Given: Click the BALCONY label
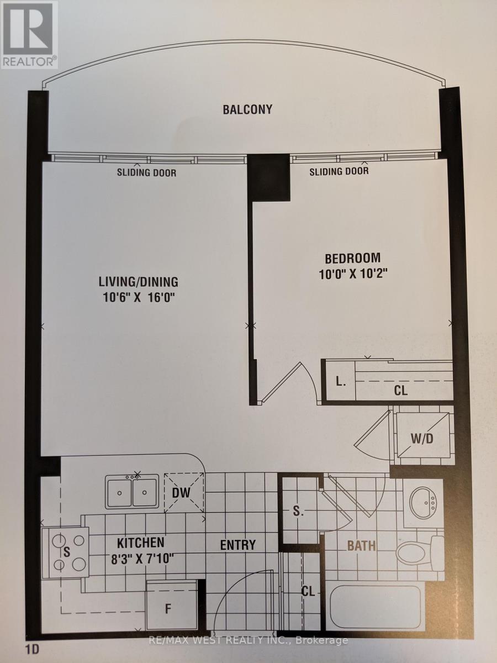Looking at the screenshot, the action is coord(247,109).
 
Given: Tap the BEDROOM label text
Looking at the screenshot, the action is coord(352,258).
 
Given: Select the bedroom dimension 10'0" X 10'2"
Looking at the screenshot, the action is coord(353,274).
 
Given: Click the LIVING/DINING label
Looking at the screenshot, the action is coord(139,282).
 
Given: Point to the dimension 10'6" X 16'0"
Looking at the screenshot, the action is coord(139,298).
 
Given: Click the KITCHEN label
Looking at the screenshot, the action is coord(141,543).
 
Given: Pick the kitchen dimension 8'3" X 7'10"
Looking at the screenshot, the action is coord(142,559).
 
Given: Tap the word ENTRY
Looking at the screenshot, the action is coord(238,545).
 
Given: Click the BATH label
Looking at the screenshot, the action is coord(362,545).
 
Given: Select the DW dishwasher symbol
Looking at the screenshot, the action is coord(184,492).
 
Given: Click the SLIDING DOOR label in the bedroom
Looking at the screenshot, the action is coord(339,171).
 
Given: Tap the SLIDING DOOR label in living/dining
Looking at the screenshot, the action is coord(147,172).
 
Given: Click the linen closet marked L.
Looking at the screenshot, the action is coord(341,382).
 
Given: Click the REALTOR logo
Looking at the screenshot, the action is coord(29,34).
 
